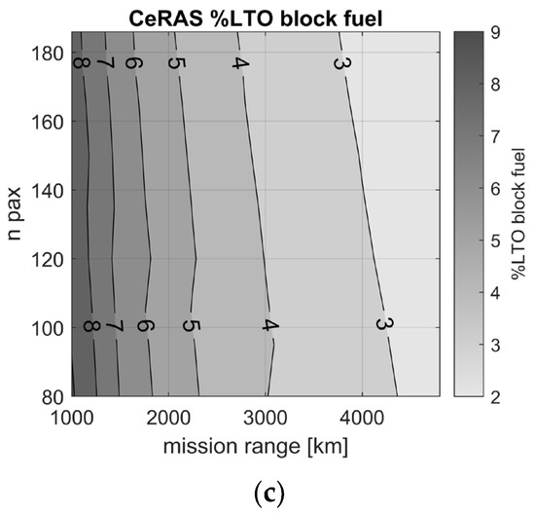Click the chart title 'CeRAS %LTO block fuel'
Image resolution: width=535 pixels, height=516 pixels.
click(x=252, y=14)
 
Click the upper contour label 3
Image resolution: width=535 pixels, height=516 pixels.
click(x=341, y=64)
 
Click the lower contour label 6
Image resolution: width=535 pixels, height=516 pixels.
click(x=146, y=326)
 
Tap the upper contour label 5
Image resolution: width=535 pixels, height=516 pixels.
click(x=175, y=64)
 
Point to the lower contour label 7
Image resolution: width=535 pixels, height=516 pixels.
click(x=115, y=326)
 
